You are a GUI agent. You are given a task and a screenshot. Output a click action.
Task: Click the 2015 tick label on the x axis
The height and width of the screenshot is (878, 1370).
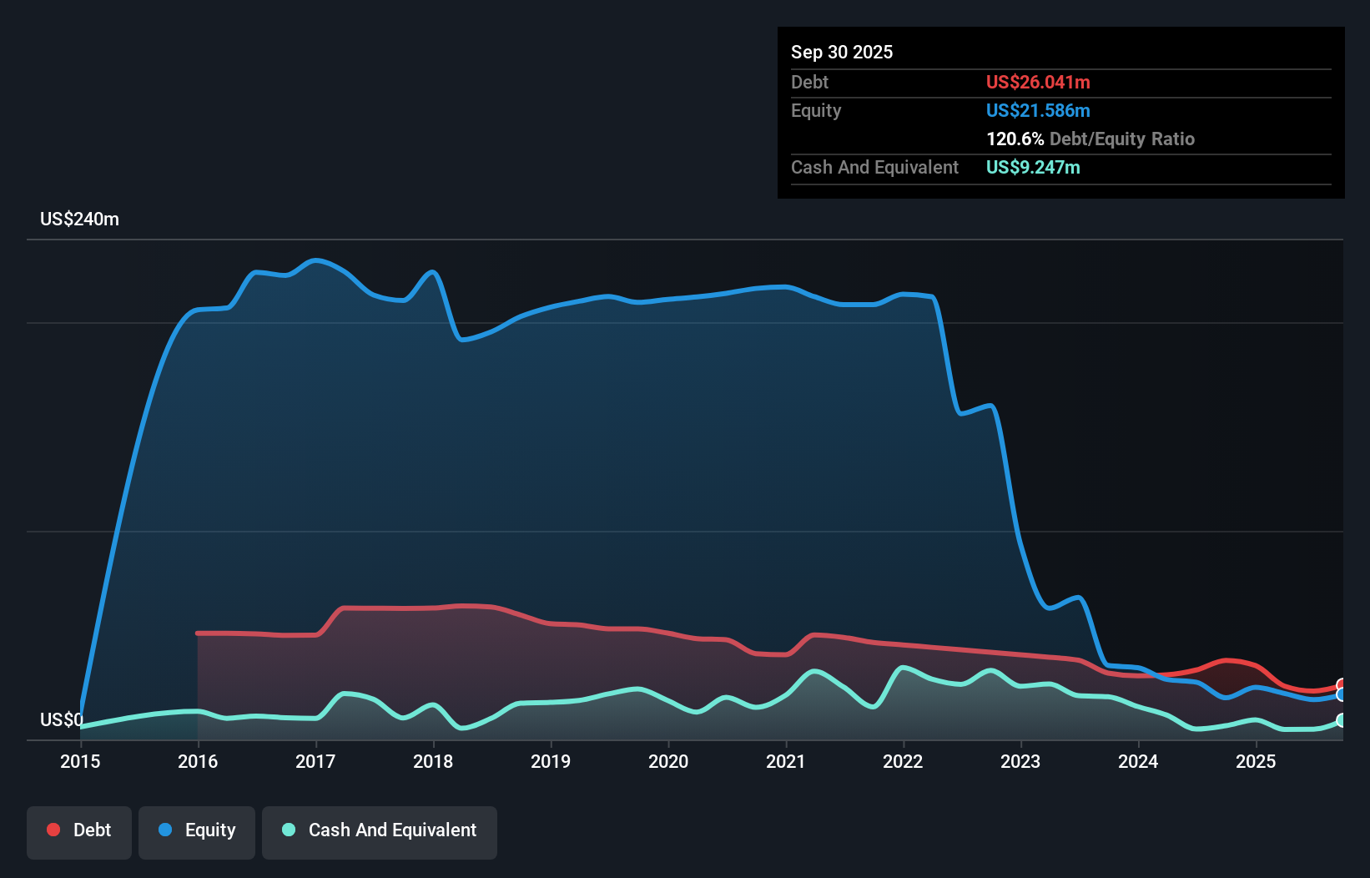tap(80, 761)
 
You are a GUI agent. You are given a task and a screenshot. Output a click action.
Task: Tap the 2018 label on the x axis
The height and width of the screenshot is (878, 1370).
tap(433, 761)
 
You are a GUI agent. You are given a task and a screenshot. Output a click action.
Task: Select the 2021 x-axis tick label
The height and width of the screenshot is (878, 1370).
tap(786, 761)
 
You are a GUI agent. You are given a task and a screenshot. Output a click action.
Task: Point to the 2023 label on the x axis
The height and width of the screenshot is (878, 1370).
tap(1020, 761)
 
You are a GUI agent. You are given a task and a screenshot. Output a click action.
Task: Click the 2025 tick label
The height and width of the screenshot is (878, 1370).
tap(1256, 761)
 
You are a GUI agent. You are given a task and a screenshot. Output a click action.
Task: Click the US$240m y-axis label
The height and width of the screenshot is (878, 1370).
tap(79, 219)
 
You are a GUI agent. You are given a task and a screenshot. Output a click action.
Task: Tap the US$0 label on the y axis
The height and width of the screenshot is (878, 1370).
tap(61, 719)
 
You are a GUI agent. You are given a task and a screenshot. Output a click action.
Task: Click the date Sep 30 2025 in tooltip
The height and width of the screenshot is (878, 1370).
tap(842, 52)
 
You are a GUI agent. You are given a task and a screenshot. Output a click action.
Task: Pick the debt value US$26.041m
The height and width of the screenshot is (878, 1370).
tap(1038, 82)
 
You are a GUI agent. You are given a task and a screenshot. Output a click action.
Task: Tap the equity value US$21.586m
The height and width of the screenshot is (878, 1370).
tap(1038, 110)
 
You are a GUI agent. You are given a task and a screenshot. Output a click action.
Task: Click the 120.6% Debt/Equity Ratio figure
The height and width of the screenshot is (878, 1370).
tap(1090, 139)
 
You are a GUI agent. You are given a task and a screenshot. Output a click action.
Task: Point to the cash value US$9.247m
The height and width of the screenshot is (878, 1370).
tap(1033, 167)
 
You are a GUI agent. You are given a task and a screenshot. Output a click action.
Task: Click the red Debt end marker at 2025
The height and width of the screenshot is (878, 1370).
tap(1341, 685)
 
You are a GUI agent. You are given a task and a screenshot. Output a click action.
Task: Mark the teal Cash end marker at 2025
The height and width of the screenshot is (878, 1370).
tap(1341, 720)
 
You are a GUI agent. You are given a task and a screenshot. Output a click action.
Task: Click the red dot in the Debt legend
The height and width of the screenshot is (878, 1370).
tap(53, 830)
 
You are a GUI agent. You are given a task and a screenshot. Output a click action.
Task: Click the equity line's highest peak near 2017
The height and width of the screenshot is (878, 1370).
tap(315, 260)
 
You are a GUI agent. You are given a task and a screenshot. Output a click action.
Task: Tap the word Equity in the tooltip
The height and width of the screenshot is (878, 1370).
tap(815, 110)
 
